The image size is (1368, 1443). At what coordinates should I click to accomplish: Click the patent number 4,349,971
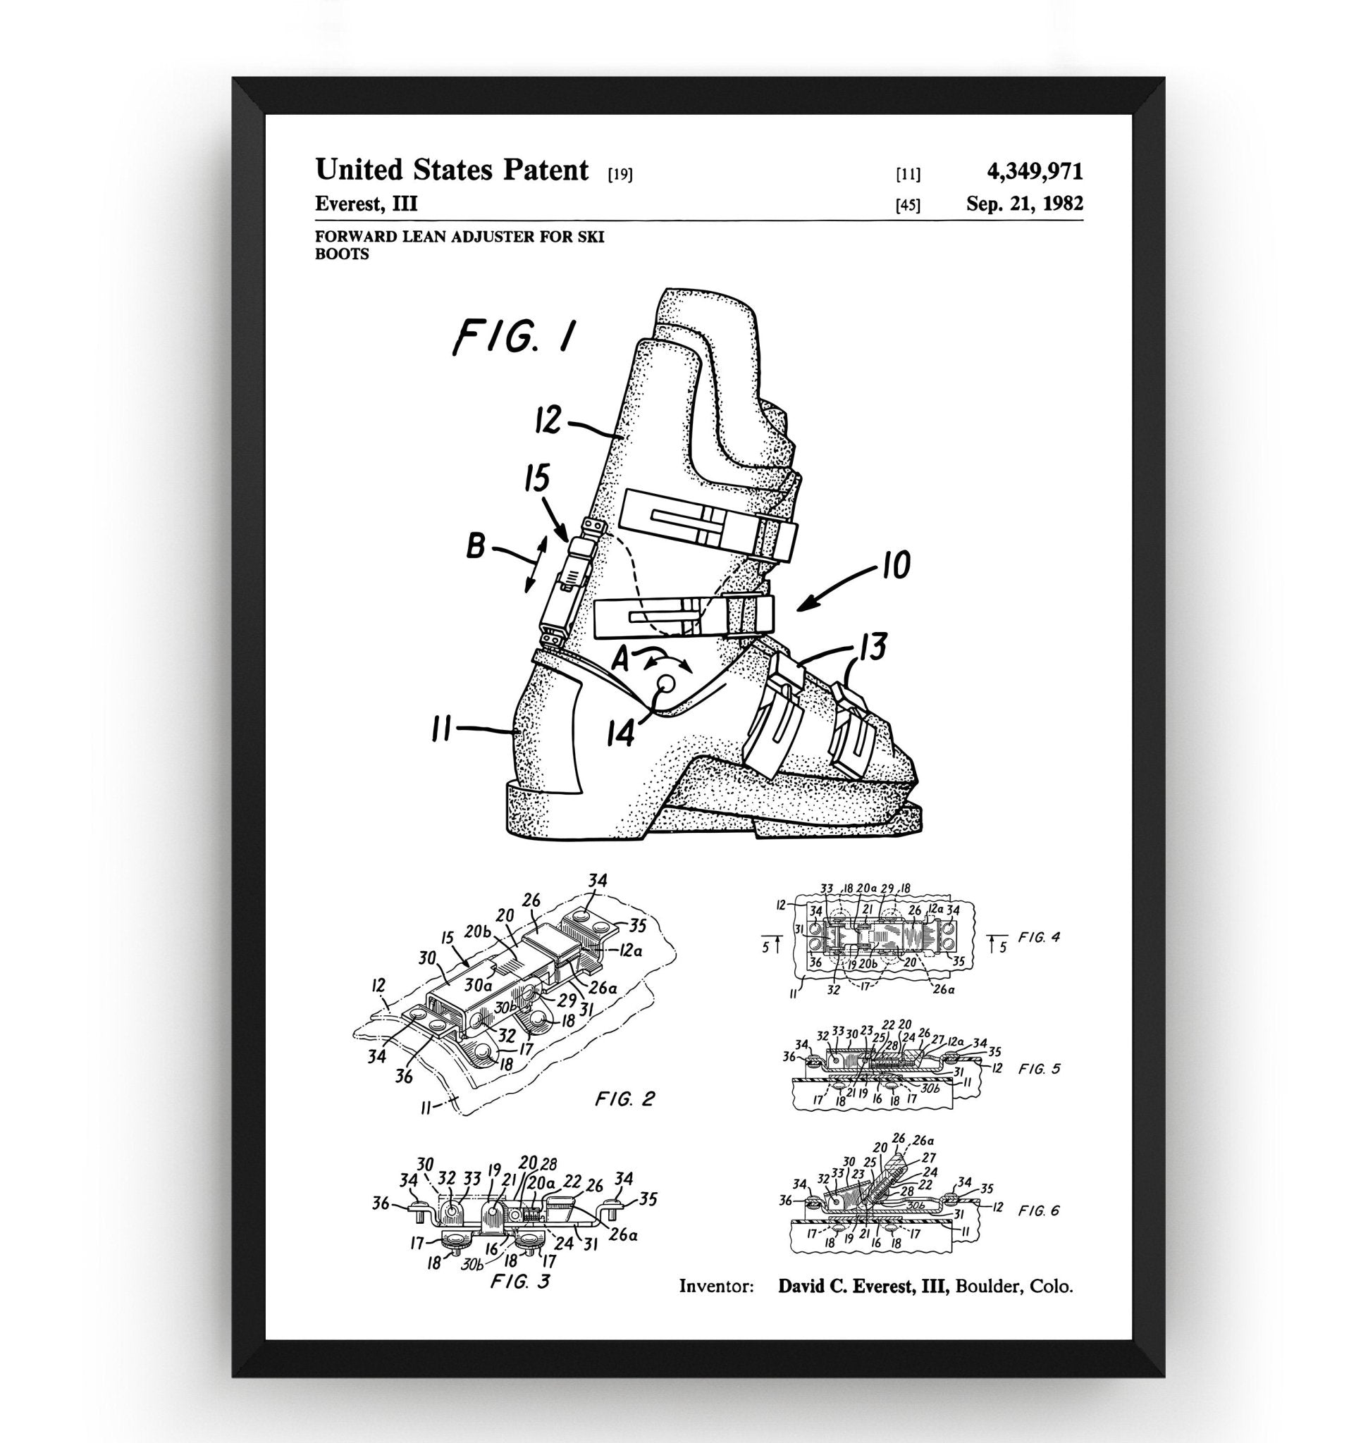pyautogui.click(x=1034, y=171)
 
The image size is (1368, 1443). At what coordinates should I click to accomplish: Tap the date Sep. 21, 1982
pyautogui.click(x=1025, y=204)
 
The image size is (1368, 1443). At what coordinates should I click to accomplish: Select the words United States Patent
pyautogui.click(x=451, y=170)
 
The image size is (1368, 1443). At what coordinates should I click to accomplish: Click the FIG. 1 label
pyautogui.click(x=514, y=337)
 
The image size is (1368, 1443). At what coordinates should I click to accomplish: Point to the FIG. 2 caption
pyautogui.click(x=624, y=1099)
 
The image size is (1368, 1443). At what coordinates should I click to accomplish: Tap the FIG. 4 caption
pyautogui.click(x=1038, y=938)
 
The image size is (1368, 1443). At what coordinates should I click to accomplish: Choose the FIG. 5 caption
pyautogui.click(x=1039, y=1069)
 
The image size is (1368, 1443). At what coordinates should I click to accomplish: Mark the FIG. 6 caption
pyautogui.click(x=1038, y=1211)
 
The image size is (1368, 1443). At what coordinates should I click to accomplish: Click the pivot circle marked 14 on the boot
pyautogui.click(x=667, y=683)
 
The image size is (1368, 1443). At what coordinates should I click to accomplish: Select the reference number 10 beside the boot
pyautogui.click(x=896, y=565)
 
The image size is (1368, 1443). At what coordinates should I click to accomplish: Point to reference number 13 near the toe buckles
pyautogui.click(x=873, y=647)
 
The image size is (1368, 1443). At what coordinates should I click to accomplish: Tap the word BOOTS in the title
pyautogui.click(x=342, y=254)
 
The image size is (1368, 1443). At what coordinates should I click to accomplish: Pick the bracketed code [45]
pyautogui.click(x=908, y=206)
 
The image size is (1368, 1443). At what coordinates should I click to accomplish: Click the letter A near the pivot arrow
pyautogui.click(x=620, y=660)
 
